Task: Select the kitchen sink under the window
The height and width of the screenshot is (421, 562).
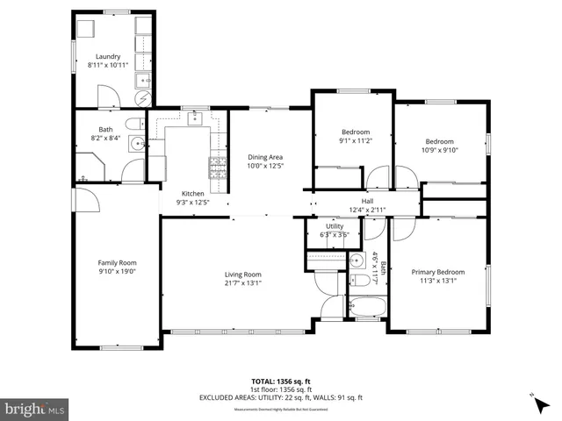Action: coord(195,118)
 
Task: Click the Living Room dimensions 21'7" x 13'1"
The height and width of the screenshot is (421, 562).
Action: coord(241,282)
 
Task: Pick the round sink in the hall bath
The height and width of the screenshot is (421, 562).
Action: coord(357,261)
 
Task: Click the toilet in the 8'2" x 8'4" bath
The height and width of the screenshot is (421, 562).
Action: coord(133,124)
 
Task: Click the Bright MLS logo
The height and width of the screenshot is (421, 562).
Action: coord(35,409)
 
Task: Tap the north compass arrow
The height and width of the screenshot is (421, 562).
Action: coord(534,400)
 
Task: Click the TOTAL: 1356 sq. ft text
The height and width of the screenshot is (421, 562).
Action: coord(280,382)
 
